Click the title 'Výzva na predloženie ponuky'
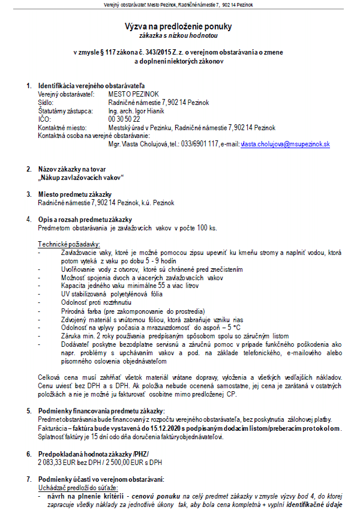point(178,26)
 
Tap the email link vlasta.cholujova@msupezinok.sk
point(285,145)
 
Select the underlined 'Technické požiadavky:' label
point(70,244)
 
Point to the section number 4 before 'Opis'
point(28,220)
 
